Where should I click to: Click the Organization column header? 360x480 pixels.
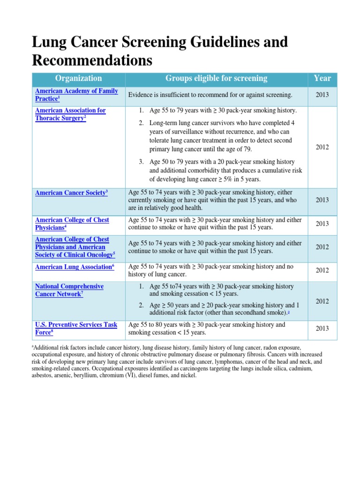78,79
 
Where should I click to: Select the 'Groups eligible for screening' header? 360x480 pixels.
216,79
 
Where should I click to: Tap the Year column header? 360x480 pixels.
322,79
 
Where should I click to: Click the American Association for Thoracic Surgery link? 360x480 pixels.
70,114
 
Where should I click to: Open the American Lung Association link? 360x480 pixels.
74,267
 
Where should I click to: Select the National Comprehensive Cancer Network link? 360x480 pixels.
69,290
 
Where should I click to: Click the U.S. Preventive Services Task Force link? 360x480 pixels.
76,329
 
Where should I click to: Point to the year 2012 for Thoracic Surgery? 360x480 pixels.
322,147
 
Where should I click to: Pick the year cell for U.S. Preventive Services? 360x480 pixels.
322,329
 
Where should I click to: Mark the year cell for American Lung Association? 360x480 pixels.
322,270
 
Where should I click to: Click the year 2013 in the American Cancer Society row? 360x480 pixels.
322,200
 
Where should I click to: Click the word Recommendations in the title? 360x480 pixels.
92,60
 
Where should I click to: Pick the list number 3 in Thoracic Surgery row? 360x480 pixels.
141,162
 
